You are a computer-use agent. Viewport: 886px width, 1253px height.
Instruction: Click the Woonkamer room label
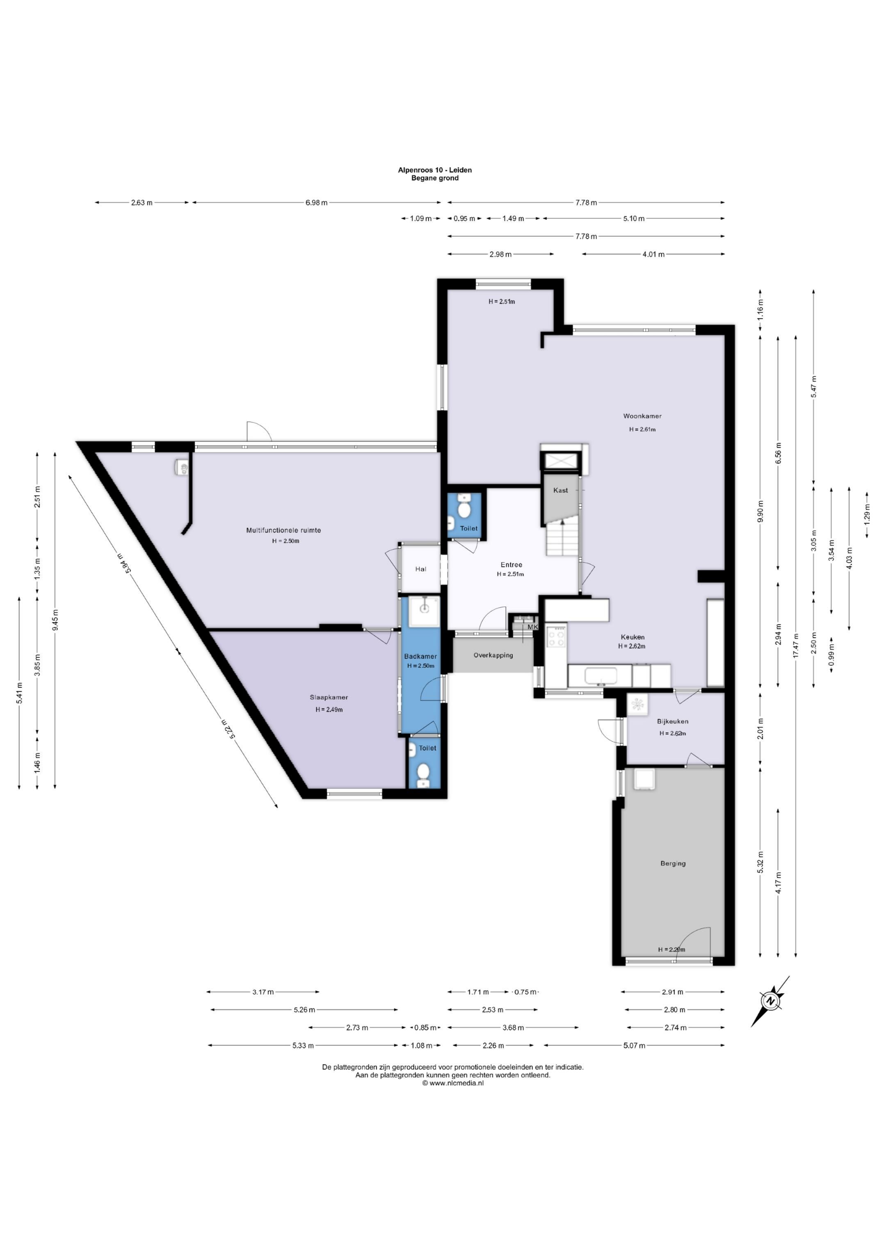tap(642, 416)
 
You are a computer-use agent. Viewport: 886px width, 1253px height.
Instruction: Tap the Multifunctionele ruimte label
tap(283, 530)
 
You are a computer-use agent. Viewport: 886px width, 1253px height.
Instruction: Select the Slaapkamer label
tap(329, 697)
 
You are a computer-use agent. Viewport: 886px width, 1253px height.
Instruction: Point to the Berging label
tap(673, 863)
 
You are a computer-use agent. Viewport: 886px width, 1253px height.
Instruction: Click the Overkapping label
tap(493, 655)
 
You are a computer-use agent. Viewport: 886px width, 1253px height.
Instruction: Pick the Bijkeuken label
tap(673, 721)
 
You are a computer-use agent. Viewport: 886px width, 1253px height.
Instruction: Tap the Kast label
tap(561, 490)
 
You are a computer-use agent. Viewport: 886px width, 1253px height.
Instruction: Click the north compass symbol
tap(770, 1001)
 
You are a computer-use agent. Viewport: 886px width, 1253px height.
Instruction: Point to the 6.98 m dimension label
tap(316, 203)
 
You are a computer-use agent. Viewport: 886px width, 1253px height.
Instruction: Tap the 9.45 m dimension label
tap(55, 620)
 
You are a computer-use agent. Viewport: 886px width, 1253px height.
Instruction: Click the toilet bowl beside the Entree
tap(464, 509)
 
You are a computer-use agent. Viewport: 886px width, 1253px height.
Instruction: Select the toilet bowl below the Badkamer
tap(423, 774)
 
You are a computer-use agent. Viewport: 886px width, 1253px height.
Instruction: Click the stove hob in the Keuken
tap(557, 636)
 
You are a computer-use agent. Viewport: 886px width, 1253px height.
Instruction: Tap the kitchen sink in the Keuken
tap(601, 676)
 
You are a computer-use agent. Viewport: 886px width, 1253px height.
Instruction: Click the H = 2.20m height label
tap(671, 949)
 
